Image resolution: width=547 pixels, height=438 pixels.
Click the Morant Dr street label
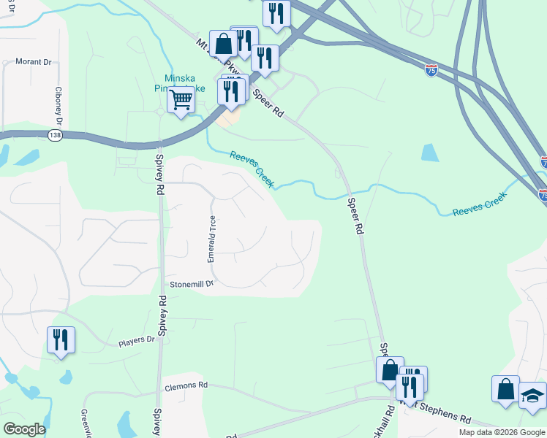33,62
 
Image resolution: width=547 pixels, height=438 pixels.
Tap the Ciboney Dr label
58,107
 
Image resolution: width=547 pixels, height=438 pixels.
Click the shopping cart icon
180,99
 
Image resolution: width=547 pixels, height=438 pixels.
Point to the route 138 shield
54,136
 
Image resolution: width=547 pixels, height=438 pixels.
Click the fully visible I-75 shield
431,71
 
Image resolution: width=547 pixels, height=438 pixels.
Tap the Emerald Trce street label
211,239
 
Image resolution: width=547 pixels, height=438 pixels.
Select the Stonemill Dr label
191,283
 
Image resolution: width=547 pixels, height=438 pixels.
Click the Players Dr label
137,339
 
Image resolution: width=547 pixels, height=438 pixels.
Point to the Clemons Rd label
186,385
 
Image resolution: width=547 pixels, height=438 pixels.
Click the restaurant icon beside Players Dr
61,339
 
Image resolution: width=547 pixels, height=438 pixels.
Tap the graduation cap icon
533,395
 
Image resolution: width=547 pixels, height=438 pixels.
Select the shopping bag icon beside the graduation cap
505,388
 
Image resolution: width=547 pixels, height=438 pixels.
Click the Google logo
24,429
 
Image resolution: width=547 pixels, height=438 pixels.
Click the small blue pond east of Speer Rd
430,152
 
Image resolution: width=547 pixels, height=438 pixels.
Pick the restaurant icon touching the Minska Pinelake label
231,91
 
